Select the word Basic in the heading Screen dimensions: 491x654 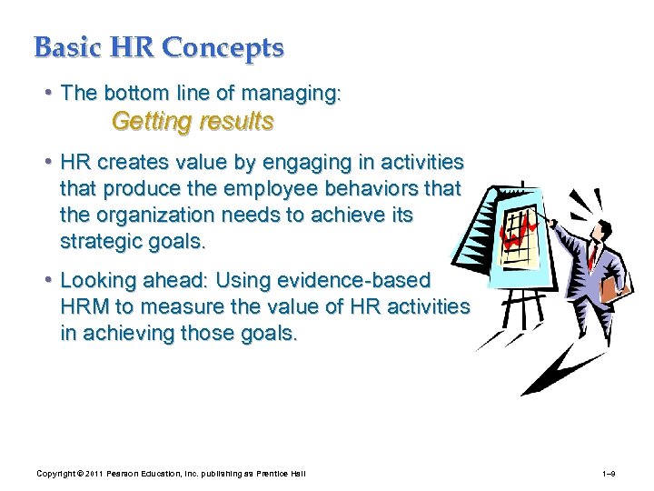tap(66, 47)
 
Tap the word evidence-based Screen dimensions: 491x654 tap(370, 281)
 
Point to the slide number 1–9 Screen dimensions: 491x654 tap(609, 475)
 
